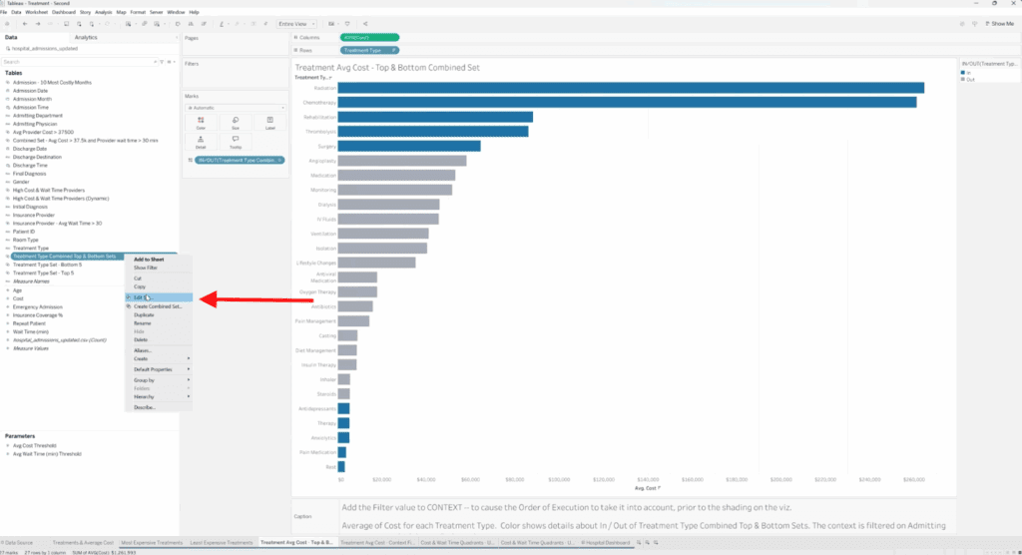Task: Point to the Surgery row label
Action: point(324,146)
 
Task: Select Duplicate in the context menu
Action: point(146,313)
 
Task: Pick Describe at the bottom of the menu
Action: point(145,407)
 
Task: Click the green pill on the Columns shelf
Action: point(369,37)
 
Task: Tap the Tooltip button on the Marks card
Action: point(236,142)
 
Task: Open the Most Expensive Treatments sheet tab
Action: point(153,542)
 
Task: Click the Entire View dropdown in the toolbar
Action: point(298,23)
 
